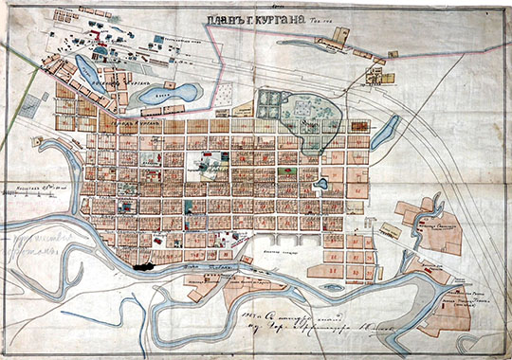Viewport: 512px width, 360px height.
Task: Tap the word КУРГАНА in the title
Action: [x=276, y=26]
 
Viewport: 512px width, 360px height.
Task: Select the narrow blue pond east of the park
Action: [x=385, y=133]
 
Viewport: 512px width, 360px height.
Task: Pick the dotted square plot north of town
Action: [x=221, y=95]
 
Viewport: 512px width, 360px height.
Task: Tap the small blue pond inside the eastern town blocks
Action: [x=322, y=182]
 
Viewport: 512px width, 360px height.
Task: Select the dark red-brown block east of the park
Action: [x=359, y=125]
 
